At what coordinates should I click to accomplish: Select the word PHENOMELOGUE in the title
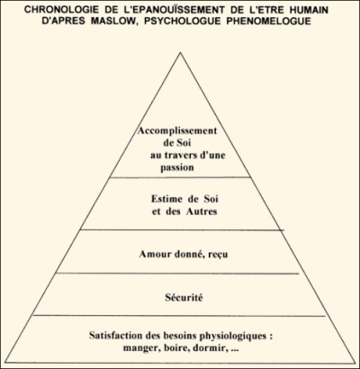pyautogui.click(x=269, y=22)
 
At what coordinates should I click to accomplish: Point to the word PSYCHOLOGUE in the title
pyautogui.click(x=178, y=22)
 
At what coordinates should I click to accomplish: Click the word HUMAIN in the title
pyautogui.click(x=309, y=10)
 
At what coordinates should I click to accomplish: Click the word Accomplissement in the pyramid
pyautogui.click(x=177, y=131)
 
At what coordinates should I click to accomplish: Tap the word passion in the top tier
pyautogui.click(x=177, y=167)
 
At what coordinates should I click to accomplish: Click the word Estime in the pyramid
pyautogui.click(x=166, y=199)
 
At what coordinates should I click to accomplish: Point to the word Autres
pyautogui.click(x=202, y=211)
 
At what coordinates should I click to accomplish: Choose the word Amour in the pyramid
pyautogui.click(x=153, y=255)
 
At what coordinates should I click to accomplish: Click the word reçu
pyautogui.click(x=218, y=255)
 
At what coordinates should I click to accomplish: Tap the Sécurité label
pyautogui.click(x=184, y=297)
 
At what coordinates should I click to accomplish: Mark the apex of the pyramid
pyautogui.click(x=180, y=52)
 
